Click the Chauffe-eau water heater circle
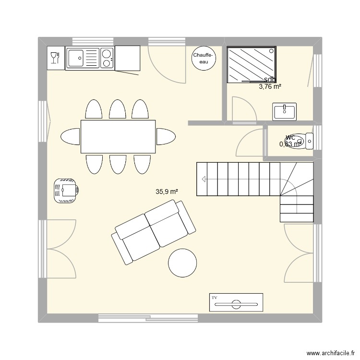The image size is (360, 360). [204, 59]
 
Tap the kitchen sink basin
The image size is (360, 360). [77, 59]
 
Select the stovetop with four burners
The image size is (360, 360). [107, 59]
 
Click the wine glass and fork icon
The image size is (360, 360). [55, 58]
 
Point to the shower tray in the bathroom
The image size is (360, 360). [251, 64]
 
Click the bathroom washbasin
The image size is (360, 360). [285, 111]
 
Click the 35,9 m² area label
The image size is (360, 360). [167, 192]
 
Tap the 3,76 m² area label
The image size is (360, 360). [270, 87]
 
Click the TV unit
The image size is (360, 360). [236, 302]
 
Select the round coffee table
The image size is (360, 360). [182, 263]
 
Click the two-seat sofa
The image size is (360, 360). [154, 231]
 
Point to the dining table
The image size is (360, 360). [118, 136]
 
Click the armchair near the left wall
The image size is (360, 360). [66, 191]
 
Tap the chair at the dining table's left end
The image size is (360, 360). [70, 136]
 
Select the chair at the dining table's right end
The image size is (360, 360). [166, 136]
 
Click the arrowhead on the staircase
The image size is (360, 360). [204, 180]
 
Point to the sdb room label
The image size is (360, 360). [270, 80]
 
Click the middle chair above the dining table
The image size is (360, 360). [118, 109]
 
